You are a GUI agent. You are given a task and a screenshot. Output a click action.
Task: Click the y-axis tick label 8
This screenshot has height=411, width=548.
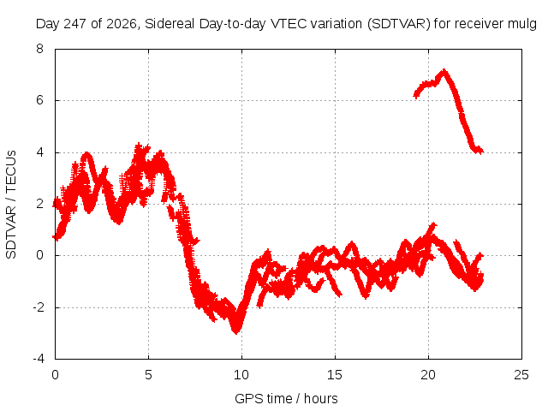click(40, 49)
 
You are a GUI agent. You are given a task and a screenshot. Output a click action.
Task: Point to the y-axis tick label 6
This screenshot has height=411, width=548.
click(40, 100)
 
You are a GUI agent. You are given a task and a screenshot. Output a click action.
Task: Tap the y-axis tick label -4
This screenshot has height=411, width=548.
click(39, 359)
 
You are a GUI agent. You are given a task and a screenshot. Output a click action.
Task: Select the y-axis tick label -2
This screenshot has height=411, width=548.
click(39, 307)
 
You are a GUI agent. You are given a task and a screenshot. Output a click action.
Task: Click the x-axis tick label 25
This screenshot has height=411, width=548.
click(521, 375)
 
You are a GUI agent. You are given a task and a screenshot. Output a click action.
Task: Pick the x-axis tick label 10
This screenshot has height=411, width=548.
click(241, 375)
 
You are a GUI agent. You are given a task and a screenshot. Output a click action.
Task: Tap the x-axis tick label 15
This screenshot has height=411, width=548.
click(335, 375)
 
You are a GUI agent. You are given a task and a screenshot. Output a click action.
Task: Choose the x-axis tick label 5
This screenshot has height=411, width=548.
click(148, 375)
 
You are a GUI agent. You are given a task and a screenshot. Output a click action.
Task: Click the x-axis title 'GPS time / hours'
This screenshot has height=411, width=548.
click(286, 398)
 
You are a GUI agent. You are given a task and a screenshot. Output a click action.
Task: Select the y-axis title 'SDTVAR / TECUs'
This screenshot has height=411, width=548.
click(11, 205)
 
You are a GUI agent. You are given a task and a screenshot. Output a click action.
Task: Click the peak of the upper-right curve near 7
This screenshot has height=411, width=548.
click(444, 71)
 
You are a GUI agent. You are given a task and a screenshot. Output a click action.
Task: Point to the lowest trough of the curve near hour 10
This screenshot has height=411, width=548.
click(236, 332)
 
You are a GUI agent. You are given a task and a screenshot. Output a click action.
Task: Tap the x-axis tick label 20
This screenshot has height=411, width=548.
click(428, 375)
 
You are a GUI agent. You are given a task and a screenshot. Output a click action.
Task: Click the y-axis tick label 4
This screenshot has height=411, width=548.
click(40, 152)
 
